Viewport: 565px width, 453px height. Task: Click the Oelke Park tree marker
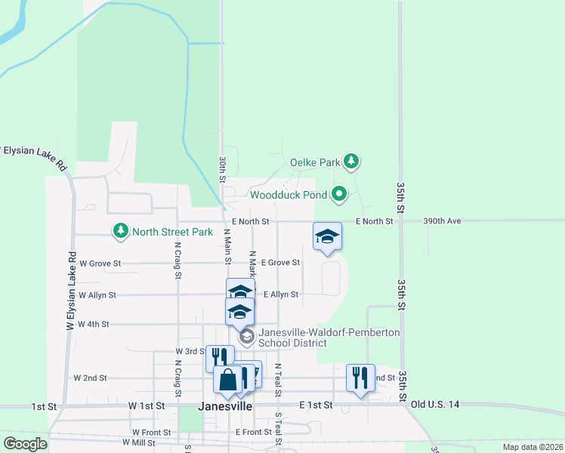351,161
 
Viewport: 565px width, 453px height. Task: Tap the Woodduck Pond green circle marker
339,195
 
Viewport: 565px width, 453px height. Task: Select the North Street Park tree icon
119,231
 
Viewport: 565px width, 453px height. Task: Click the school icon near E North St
328,236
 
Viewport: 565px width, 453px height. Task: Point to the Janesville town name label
224,405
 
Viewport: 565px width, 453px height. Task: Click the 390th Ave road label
442,221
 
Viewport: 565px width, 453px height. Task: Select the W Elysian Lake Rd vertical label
73,291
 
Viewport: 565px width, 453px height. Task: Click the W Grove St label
100,263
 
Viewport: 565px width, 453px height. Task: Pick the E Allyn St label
280,294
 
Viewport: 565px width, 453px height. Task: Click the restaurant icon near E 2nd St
360,377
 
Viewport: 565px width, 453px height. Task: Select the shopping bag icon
227,381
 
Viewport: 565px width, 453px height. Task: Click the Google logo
24,444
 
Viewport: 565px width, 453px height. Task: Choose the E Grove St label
280,263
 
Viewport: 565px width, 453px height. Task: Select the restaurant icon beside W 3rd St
220,358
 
